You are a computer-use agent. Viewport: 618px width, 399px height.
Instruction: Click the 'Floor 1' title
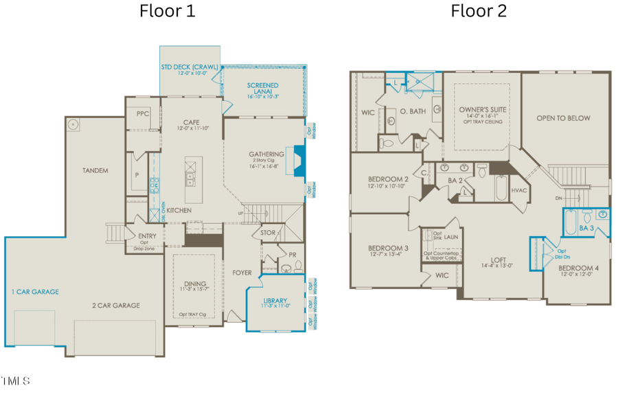coord(168,11)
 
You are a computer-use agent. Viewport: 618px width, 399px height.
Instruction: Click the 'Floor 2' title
coord(478,11)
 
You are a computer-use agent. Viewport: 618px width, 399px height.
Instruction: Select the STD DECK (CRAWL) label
coord(189,67)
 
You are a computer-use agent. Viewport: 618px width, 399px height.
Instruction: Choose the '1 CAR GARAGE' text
coord(34,292)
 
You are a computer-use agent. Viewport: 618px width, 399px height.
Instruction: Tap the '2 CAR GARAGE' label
coord(117,305)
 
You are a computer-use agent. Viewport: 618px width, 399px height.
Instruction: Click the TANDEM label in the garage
coord(95,170)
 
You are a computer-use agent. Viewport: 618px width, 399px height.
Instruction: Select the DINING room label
coord(196,284)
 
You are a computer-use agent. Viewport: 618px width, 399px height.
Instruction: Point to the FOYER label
coord(242,272)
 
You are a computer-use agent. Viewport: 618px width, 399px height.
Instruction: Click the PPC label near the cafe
coord(143,114)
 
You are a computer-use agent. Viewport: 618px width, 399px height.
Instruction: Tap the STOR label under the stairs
coord(268,233)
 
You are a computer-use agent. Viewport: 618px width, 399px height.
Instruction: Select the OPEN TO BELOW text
coord(563,118)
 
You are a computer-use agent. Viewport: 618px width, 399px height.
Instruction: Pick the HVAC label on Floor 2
coord(518,190)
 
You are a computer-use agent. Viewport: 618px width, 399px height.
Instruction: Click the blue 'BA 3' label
coord(586,227)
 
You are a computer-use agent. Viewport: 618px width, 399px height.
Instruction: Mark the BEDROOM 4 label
coord(577,268)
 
